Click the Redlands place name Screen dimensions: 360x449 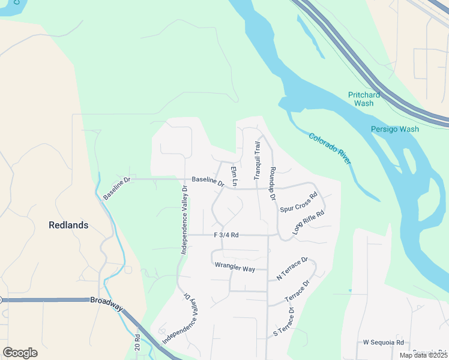coord(68,225)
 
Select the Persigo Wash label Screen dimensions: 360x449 coord(394,129)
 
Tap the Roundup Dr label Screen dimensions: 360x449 coord(272,184)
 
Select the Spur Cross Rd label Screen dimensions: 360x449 coord(298,202)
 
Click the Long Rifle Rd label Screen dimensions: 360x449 coord(309,222)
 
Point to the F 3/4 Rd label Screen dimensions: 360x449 coord(226,235)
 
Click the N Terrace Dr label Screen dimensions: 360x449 coord(292,269)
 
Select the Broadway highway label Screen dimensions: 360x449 coord(106,304)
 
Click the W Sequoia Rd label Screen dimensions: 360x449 coord(383,342)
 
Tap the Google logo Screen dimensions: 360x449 coord(20,353)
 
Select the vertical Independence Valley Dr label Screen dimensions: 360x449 coord(184,219)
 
